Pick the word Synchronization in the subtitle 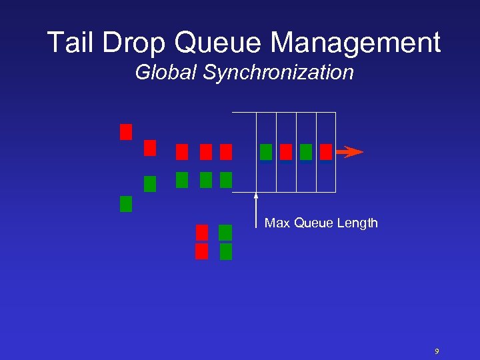click(x=278, y=72)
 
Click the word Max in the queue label click(x=277, y=223)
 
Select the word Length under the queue click(x=359, y=223)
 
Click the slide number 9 click(x=437, y=351)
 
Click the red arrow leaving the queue click(x=349, y=152)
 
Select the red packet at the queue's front click(x=325, y=152)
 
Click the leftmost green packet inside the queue click(x=265, y=152)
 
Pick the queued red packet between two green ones click(x=285, y=152)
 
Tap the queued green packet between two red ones click(x=305, y=152)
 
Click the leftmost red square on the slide click(x=126, y=132)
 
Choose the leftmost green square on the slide click(x=126, y=204)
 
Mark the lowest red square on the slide click(x=202, y=251)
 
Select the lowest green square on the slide click(x=226, y=251)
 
